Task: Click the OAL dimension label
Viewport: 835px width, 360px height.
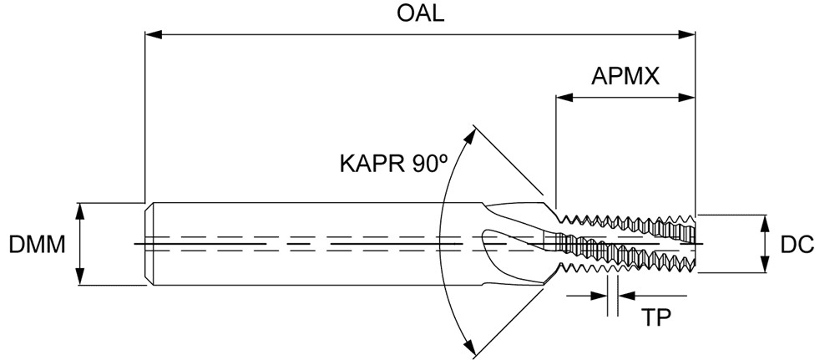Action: pos(420,14)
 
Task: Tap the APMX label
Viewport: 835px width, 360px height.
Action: pos(626,76)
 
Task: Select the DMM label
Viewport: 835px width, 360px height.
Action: pos(37,245)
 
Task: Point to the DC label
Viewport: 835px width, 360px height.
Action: pos(797,245)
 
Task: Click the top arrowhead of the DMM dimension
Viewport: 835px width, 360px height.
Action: pos(81,208)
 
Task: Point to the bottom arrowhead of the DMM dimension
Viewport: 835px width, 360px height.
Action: pos(81,281)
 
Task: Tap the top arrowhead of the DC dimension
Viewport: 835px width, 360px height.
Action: pos(767,221)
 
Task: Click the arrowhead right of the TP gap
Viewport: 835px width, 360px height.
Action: pos(625,295)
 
